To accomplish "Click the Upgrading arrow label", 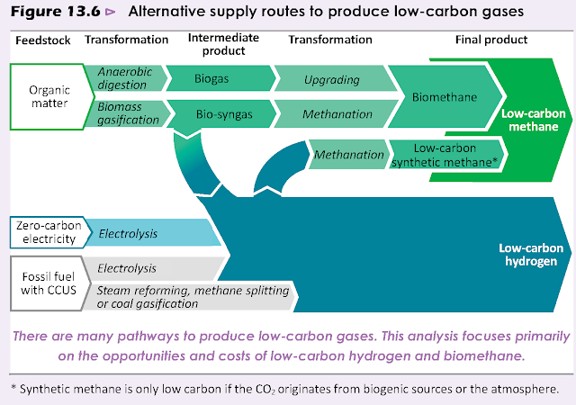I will tap(333, 79).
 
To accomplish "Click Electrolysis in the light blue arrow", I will tap(128, 234).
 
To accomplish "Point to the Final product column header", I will tap(493, 40).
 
